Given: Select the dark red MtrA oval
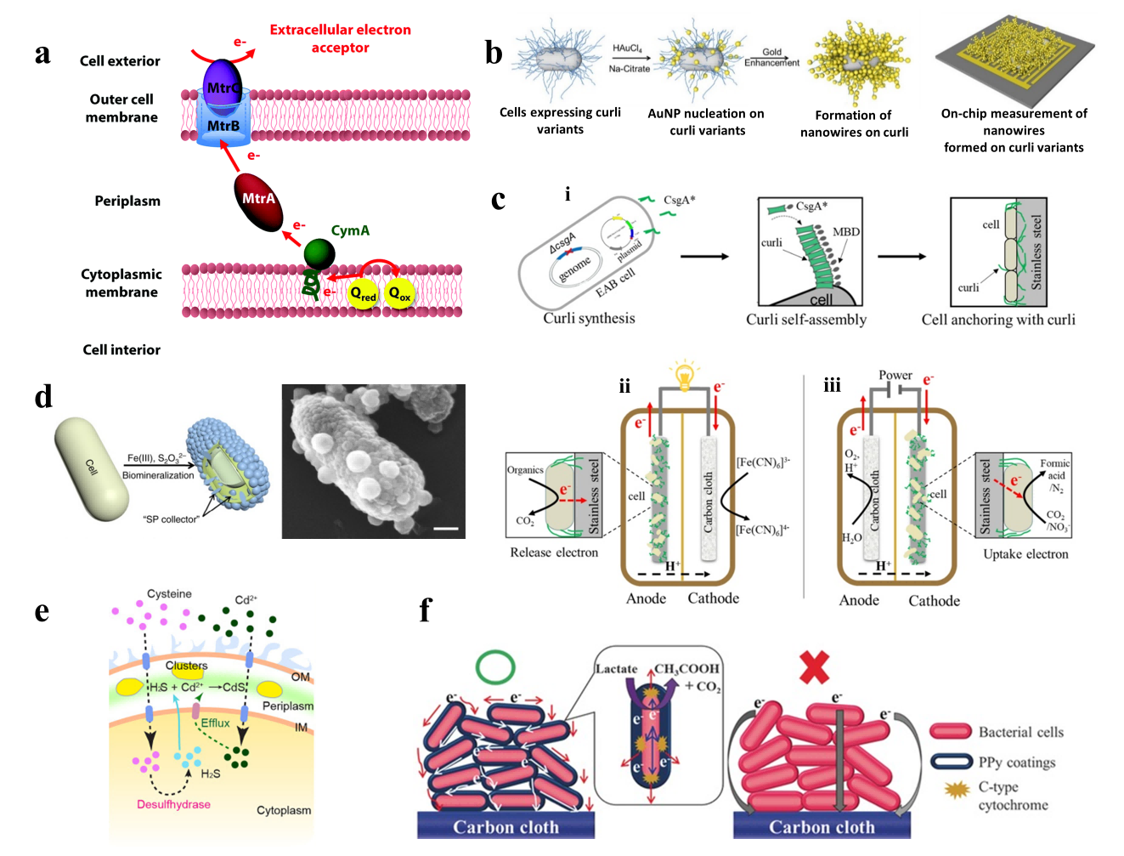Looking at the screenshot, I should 258,201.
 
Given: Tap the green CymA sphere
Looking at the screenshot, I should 319,253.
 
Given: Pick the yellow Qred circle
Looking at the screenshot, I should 363,294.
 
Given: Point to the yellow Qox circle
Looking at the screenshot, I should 399,294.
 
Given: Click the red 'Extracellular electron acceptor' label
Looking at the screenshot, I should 340,38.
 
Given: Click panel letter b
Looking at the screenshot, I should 494,54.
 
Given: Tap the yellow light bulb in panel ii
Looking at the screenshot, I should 684,374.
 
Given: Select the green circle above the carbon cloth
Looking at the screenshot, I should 495,667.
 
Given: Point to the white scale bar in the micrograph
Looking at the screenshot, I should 445,529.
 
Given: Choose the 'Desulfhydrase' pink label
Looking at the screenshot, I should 173,804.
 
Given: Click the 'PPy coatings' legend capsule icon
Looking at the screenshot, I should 951,762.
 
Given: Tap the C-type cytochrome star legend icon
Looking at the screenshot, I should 957,790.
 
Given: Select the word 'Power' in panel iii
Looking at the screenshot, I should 895,375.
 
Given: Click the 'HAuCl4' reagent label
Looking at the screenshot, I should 627,49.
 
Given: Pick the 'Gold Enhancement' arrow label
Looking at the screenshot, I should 771,57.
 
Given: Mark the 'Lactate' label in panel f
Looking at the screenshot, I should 616,669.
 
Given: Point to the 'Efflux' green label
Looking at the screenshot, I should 215,723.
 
